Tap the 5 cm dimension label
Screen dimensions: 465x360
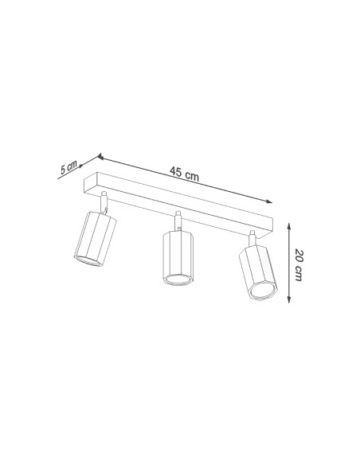tap(69, 168)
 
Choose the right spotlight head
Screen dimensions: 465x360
tap(256, 274)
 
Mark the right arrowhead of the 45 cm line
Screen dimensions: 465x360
tap(270, 202)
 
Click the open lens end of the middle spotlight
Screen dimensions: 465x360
tap(177, 279)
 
